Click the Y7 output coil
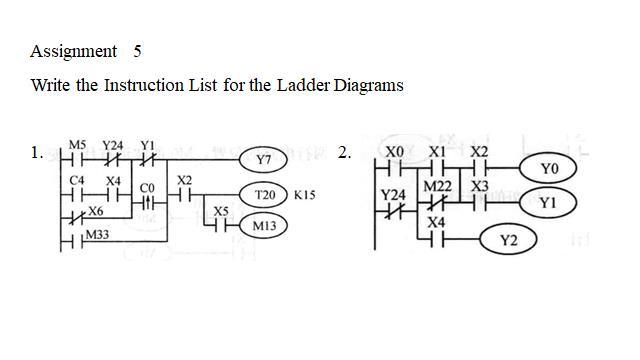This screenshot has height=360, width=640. coord(263,160)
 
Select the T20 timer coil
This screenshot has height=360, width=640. coord(264,195)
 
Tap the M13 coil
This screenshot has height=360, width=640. coord(264,227)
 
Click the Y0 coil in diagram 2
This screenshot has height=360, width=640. coord(548,169)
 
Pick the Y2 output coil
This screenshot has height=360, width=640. coord(507,240)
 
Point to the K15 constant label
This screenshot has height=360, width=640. coord(304,195)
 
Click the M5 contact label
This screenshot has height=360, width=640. coord(77,145)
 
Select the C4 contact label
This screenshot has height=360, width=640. coord(77,180)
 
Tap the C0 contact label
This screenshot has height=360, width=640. coord(147,187)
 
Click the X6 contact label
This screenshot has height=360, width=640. coord(95,212)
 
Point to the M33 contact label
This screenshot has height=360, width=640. coord(97,234)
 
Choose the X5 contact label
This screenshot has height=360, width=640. coord(221,211)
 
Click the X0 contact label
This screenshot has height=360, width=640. coord(395,151)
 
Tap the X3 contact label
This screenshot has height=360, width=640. coord(480,186)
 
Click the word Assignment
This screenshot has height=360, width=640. coord(73,51)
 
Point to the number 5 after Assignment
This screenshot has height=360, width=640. coord(137,51)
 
